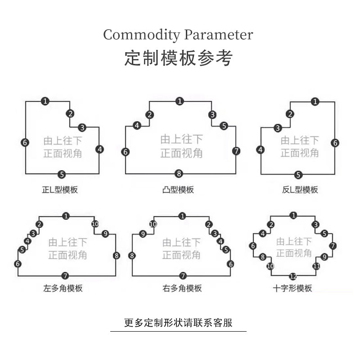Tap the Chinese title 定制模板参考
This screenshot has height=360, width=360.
[x=179, y=58]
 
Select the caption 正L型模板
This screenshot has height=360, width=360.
[x=60, y=189]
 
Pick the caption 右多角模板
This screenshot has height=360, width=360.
[x=182, y=288]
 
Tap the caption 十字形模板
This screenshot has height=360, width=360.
[x=292, y=288]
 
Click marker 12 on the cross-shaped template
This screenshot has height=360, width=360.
[x=293, y=276]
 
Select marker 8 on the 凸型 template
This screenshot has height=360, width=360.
[x=179, y=173]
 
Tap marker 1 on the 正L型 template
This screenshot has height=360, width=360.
[x=45, y=101]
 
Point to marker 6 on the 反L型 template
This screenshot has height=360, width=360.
[x=335, y=143]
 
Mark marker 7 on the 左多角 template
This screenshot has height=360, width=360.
[x=65, y=275]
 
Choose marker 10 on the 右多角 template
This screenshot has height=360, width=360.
[x=153, y=224]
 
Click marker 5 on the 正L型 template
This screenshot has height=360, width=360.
[x=62, y=174]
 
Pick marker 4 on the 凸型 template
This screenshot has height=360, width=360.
[x=137, y=126]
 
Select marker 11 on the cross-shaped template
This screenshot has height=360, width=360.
[x=317, y=266]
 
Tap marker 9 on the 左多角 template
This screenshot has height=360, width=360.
[x=105, y=234]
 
